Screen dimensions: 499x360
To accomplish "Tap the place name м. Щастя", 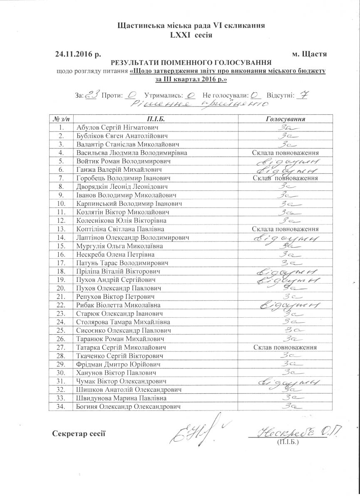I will coord(310,54).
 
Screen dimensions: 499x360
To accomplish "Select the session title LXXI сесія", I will coord(191,35).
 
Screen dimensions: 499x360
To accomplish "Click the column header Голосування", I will coord(286,119).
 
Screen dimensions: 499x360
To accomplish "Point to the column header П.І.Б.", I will coord(156,119).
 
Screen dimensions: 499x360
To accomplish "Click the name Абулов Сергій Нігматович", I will coord(117,127).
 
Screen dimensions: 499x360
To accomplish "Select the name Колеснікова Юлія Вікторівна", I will coord(121,220).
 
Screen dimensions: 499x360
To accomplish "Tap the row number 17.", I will coord(61,263).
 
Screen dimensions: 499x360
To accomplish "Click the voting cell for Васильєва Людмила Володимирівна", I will coord(286,153).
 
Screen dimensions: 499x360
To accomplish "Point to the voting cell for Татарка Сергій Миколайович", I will coord(286,347).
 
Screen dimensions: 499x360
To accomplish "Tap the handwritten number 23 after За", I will coord(92,95).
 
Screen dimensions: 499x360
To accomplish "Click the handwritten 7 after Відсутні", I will coord(303,95).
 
